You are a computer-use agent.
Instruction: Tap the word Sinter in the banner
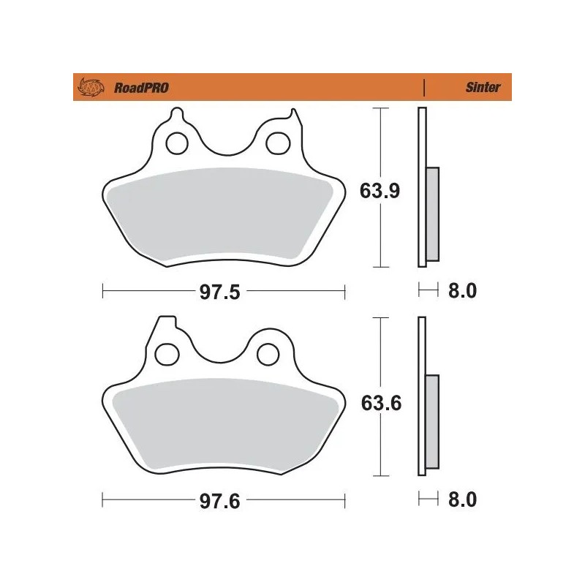(483, 88)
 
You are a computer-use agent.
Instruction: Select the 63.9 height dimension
(380, 191)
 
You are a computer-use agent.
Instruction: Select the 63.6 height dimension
(380, 402)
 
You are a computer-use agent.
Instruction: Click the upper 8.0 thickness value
(461, 291)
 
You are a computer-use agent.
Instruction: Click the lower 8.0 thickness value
(461, 500)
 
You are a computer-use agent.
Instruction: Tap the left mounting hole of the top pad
(176, 143)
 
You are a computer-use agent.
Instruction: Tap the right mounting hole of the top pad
(276, 143)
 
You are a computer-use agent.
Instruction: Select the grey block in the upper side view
(431, 214)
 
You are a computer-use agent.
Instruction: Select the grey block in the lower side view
(431, 422)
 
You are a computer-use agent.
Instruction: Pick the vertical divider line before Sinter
(424, 88)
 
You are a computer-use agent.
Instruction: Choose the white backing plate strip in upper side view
(420, 146)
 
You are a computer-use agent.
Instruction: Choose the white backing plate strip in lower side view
(420, 351)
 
